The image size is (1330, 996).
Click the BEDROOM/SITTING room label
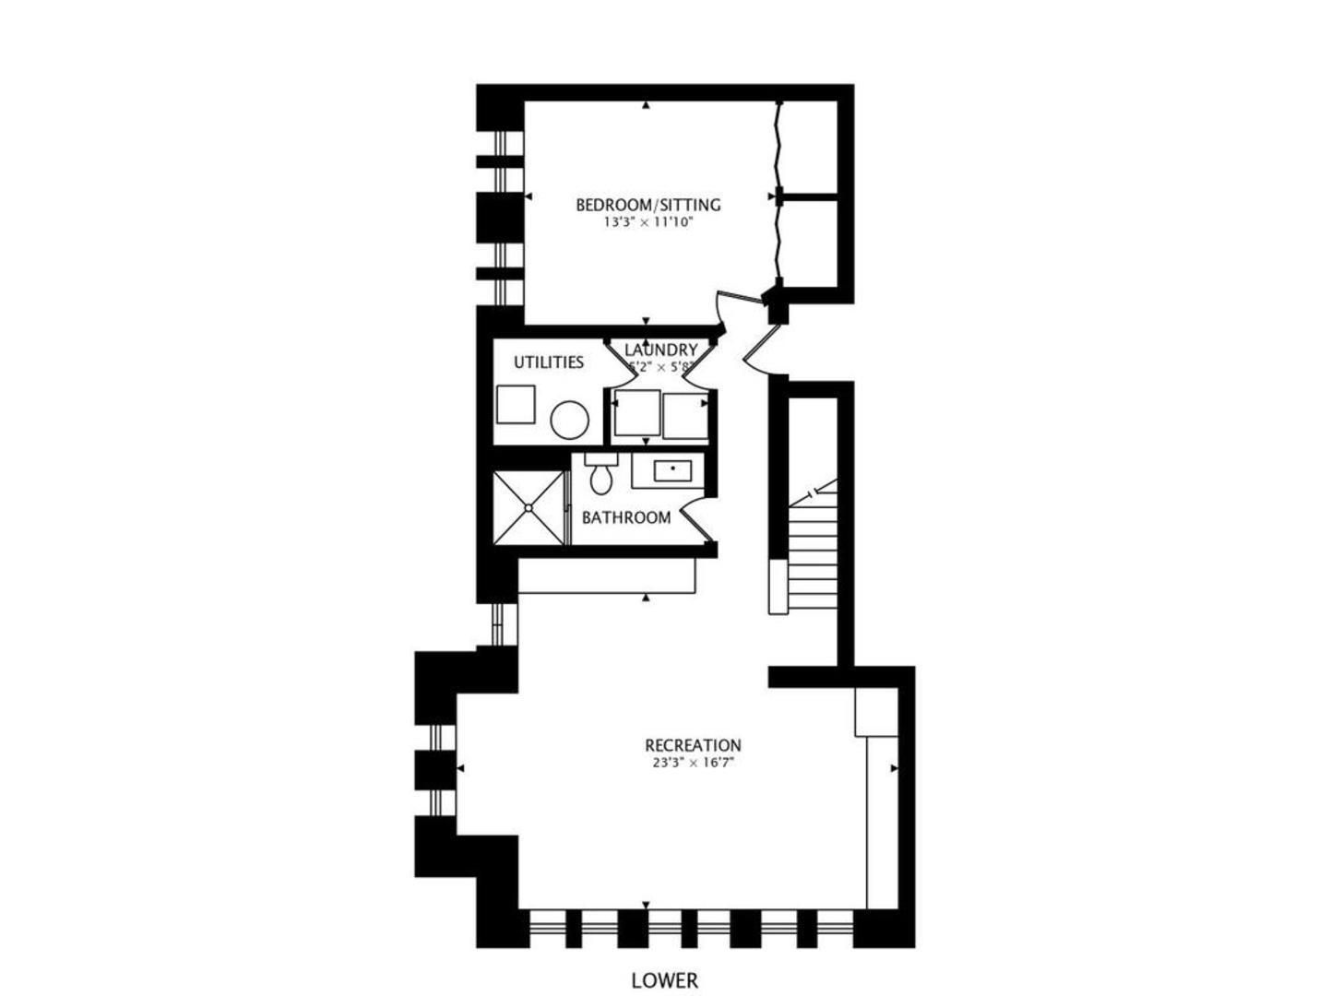[647, 205]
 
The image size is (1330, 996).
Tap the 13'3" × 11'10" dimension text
[647, 222]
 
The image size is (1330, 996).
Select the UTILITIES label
[548, 362]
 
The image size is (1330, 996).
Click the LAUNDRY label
[660, 350]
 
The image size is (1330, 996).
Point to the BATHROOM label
[625, 517]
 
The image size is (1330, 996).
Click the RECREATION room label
[692, 745]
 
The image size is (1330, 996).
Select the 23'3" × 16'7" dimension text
[692, 763]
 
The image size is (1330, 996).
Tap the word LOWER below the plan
[664, 980]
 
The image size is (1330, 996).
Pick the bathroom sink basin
[672, 470]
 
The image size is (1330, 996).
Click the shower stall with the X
[528, 507]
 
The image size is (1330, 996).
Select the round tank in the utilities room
[569, 421]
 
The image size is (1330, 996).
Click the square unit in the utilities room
[515, 405]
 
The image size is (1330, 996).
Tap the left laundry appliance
[636, 413]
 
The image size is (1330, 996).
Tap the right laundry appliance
[684, 416]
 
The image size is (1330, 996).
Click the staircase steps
[812, 553]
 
